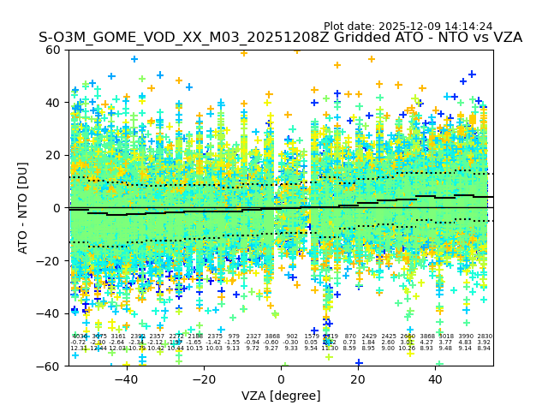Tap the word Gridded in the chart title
click(x=313, y=39)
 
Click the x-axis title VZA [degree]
click(x=281, y=396)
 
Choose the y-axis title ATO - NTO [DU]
click(x=24, y=208)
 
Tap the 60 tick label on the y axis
click(x=54, y=50)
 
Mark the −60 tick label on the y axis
click(x=51, y=366)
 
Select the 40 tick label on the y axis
click(x=54, y=103)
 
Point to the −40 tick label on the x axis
click(x=126, y=379)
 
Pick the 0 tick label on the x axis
click(x=281, y=379)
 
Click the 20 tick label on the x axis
click(x=358, y=379)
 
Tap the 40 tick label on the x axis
click(x=436, y=379)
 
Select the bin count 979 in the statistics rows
click(x=234, y=337)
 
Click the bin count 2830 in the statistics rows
click(x=485, y=337)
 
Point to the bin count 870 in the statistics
click(x=350, y=337)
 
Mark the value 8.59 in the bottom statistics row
click(x=349, y=348)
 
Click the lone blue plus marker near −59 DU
click(x=359, y=363)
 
